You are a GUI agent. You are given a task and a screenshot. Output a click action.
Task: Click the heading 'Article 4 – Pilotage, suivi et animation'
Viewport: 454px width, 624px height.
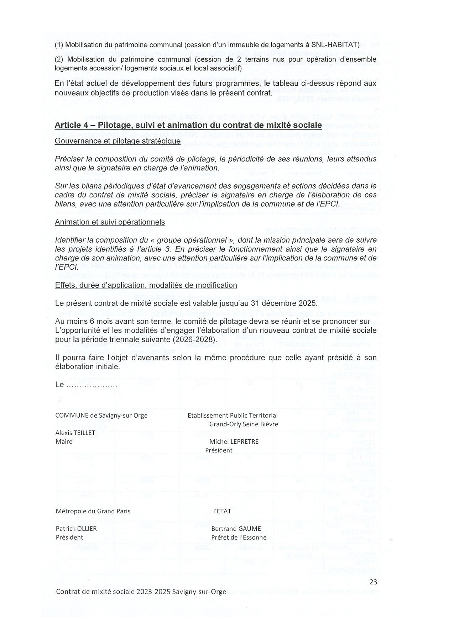(x=188, y=125)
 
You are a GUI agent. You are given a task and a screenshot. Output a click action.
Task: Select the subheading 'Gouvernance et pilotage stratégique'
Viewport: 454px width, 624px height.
(x=118, y=141)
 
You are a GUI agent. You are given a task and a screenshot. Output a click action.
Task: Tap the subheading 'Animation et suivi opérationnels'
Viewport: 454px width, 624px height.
(x=110, y=222)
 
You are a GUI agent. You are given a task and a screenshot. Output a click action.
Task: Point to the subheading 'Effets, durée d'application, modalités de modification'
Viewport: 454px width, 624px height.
(x=146, y=285)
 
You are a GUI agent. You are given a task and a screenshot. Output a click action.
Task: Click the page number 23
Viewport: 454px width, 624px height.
(x=373, y=582)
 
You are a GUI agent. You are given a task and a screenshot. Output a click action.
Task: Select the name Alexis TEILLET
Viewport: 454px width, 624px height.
(x=75, y=433)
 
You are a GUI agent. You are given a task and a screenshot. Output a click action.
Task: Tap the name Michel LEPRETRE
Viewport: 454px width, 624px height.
(x=234, y=441)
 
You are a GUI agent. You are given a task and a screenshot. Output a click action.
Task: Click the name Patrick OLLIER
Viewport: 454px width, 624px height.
(x=76, y=528)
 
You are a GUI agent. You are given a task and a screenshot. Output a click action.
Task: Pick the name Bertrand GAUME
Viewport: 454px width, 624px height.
(x=236, y=528)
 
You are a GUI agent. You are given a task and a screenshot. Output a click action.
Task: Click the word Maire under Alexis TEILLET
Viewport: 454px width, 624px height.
(x=64, y=441)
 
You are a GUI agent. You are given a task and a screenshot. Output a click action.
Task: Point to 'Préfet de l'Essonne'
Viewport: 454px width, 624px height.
(x=239, y=537)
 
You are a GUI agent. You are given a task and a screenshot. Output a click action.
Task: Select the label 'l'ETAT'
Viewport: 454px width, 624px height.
(x=222, y=511)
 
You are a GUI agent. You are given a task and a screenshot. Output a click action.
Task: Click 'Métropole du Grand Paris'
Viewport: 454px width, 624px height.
(x=93, y=511)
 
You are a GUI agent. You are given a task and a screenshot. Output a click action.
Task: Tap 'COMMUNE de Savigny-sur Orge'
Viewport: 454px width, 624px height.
(x=101, y=415)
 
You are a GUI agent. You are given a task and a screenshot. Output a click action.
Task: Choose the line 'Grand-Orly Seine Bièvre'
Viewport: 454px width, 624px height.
(x=244, y=424)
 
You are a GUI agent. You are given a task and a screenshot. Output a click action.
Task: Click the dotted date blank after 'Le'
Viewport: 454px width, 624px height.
(x=92, y=385)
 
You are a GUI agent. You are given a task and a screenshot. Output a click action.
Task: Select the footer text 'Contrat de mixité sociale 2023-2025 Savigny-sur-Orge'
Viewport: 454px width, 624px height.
(x=141, y=592)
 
